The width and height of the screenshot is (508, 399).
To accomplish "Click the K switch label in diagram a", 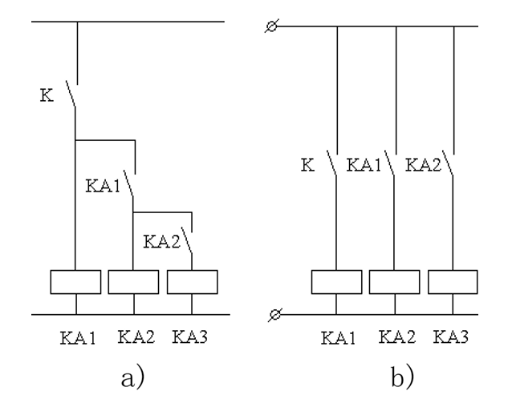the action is [x=47, y=95].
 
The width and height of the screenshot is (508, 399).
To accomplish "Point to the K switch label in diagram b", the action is [x=308, y=165].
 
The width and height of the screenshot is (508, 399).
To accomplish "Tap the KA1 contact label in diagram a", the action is [x=103, y=186].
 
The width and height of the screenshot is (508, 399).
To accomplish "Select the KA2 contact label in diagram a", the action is [x=161, y=241].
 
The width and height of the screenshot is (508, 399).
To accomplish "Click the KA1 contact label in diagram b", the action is [x=364, y=165].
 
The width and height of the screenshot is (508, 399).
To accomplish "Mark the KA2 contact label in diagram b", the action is [x=423, y=165].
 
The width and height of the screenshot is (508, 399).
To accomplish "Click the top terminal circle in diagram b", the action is [x=272, y=26].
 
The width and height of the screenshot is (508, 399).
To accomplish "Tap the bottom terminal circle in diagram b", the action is [x=275, y=314].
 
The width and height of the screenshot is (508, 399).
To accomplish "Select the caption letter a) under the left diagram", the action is [x=132, y=377].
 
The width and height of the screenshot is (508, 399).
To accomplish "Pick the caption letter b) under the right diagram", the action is [x=402, y=376].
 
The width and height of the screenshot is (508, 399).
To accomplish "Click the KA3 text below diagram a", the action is [x=189, y=337].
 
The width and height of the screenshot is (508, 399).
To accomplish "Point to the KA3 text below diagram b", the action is [x=451, y=337].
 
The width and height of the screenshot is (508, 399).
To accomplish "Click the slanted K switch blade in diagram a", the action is [x=71, y=94].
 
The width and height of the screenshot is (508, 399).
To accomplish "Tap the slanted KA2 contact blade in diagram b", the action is [x=448, y=163].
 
